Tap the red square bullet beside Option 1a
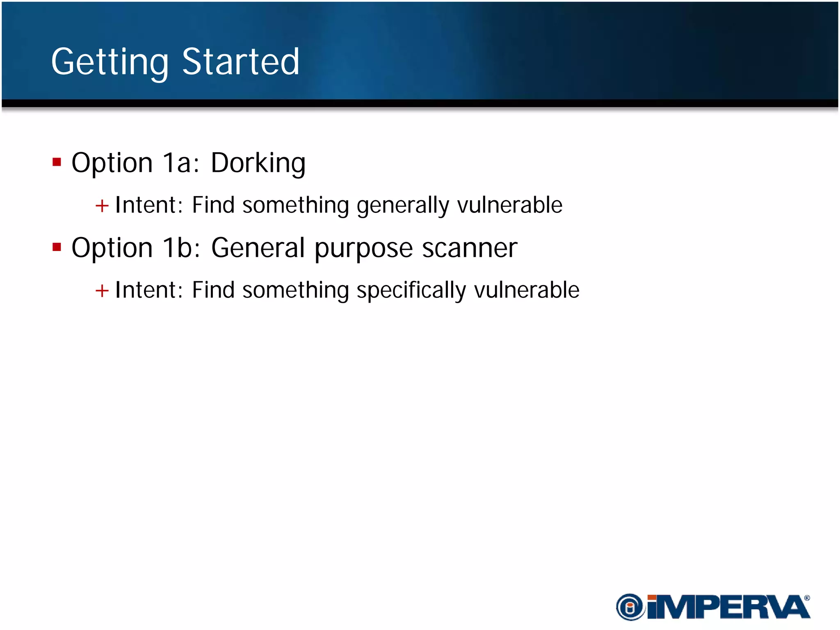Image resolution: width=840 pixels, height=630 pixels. click(x=57, y=162)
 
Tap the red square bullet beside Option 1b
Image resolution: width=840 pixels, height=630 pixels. click(x=57, y=247)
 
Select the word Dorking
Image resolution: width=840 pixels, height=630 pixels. click(x=258, y=163)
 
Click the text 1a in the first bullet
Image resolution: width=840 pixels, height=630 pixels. click(x=177, y=163)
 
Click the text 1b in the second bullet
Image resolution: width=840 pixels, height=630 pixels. click(x=178, y=248)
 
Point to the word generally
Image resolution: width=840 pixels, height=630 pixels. click(x=403, y=205)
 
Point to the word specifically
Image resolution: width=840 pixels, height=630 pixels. click(x=411, y=290)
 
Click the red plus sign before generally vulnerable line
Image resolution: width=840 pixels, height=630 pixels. click(x=102, y=206)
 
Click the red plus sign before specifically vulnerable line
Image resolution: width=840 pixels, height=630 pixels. click(x=102, y=291)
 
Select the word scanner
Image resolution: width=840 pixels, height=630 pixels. click(x=470, y=248)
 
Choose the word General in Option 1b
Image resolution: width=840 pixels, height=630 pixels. click(x=258, y=248)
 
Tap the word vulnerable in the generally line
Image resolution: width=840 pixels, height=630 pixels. click(x=509, y=205)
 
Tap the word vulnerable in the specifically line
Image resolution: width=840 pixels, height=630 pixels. click(x=527, y=290)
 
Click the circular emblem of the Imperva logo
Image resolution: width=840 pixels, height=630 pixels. click(x=630, y=607)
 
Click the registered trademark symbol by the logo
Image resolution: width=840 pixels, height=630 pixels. click(x=807, y=598)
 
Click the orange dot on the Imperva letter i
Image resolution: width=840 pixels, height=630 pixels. click(x=652, y=598)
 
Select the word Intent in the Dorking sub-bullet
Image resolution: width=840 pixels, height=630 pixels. click(x=146, y=205)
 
